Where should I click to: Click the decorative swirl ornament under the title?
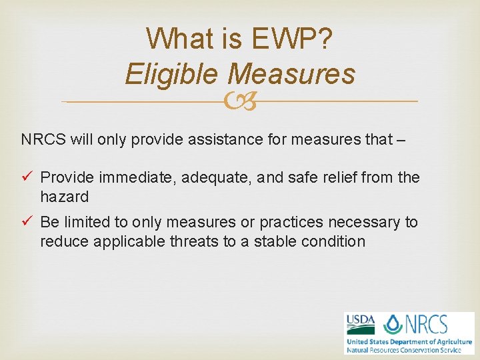[x=239, y=102]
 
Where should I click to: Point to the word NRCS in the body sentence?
[x=42, y=139]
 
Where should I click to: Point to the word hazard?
[x=64, y=197]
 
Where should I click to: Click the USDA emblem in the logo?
[x=359, y=324]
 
